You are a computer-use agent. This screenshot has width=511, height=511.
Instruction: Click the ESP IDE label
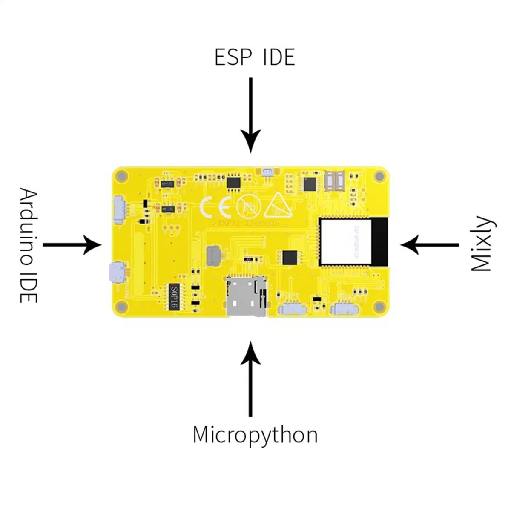(x=255, y=57)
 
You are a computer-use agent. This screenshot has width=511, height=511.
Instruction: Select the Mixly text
(x=482, y=244)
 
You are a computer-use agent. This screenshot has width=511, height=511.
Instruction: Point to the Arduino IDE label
(x=29, y=246)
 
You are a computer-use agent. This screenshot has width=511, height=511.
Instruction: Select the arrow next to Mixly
(x=429, y=245)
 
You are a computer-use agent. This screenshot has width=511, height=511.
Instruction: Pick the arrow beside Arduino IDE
(x=72, y=245)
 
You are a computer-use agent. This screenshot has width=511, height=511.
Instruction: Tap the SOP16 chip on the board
(x=173, y=297)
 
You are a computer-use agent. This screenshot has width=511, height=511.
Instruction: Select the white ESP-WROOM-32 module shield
(x=346, y=241)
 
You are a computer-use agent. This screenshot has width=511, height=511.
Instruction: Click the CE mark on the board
(x=215, y=207)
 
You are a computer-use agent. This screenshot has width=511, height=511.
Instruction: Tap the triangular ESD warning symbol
(x=278, y=206)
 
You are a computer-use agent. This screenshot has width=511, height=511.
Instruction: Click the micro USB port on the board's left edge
(x=117, y=273)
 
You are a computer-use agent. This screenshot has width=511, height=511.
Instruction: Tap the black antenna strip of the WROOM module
(x=381, y=241)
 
